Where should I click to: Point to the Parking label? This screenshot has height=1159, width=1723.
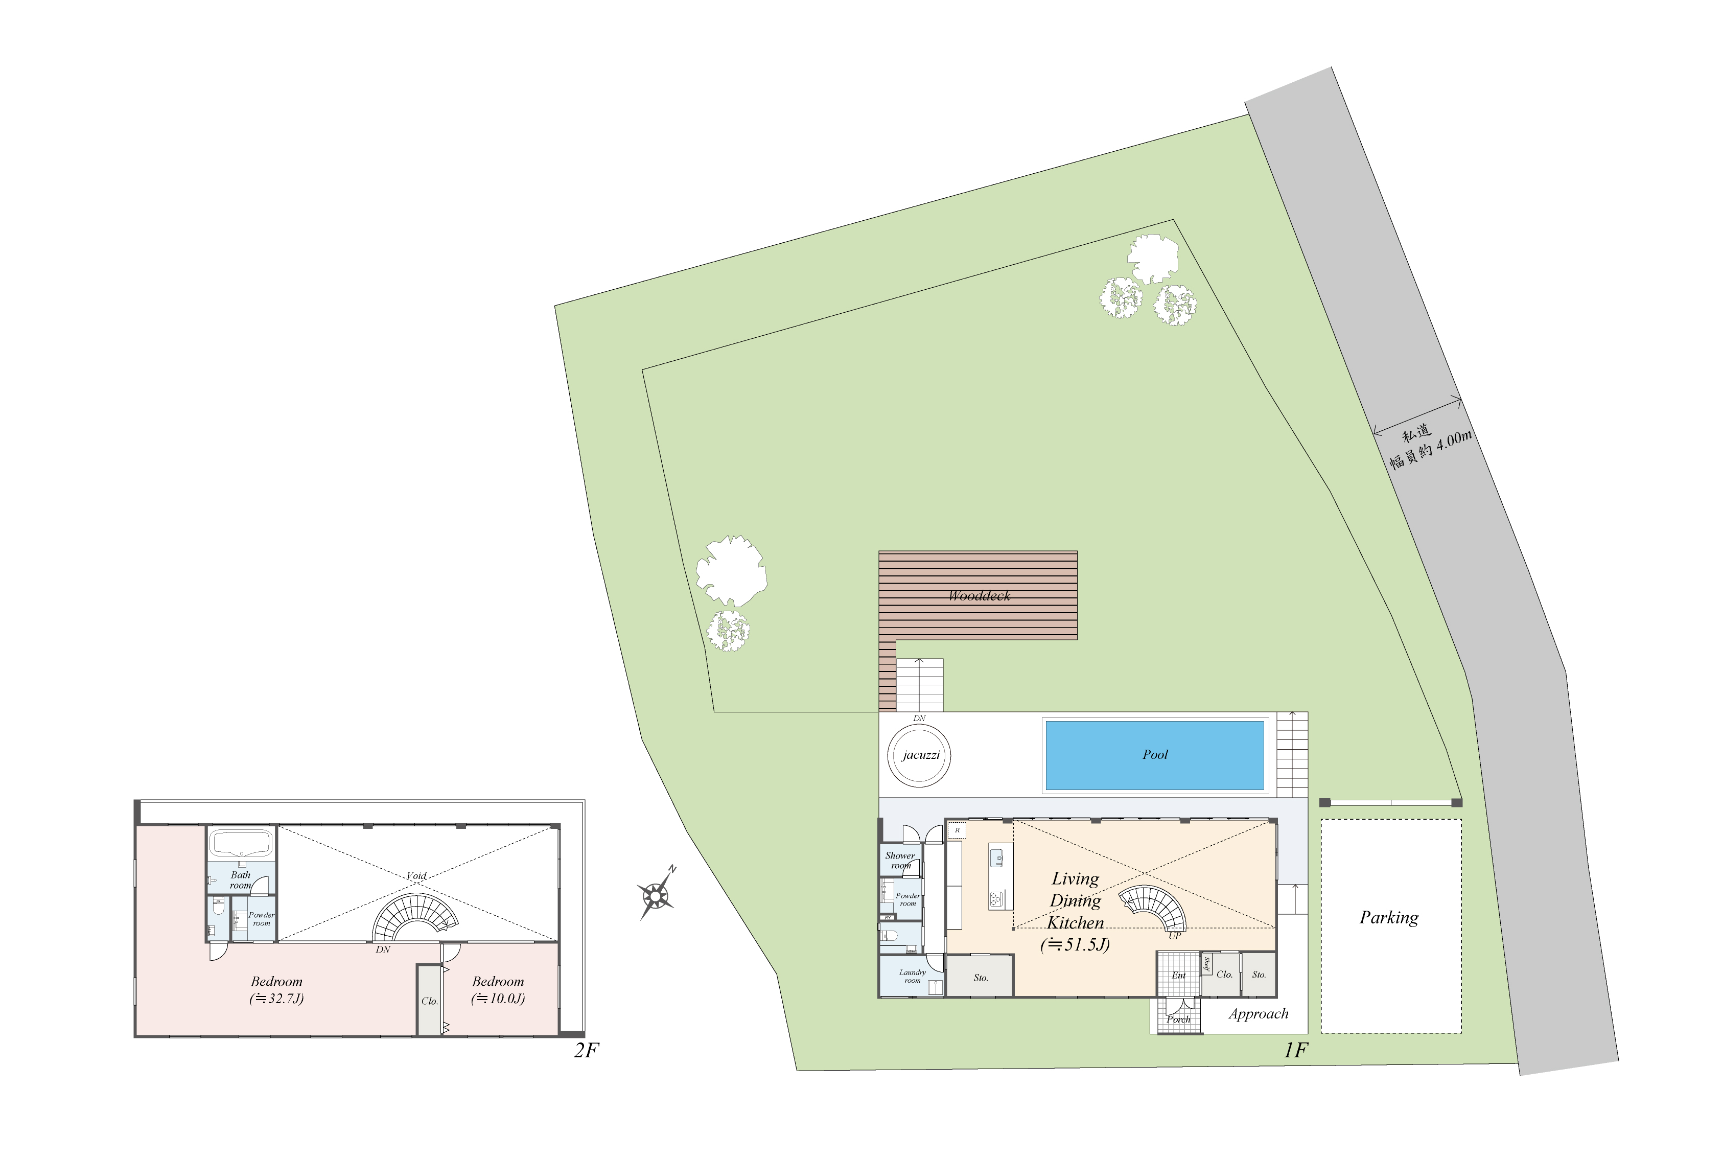[1388, 917]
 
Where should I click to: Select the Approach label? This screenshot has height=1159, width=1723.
[1258, 1014]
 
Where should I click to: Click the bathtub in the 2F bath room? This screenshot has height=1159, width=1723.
[241, 843]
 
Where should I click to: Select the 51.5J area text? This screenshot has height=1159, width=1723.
[1075, 945]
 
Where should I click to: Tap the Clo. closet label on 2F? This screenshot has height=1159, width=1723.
[429, 1002]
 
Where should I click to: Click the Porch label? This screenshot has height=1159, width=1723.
[1178, 1019]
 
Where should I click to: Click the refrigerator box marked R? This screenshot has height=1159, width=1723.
[957, 831]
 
